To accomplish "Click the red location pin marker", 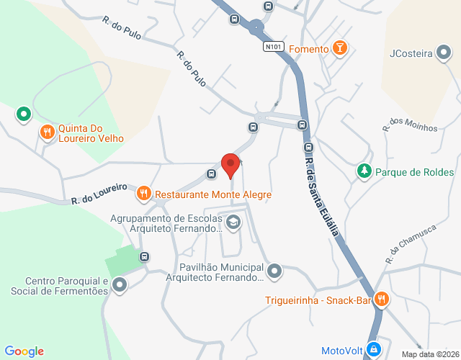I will tap(230, 165).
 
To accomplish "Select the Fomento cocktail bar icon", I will tap(340, 49).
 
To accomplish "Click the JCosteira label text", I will tap(411, 53).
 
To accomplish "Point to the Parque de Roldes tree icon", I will tap(364, 171).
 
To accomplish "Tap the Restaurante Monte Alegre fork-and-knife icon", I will tap(143, 194).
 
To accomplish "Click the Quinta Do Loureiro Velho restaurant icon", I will tap(47, 131).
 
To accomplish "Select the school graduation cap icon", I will tap(233, 223).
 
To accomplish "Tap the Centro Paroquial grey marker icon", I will tap(120, 286).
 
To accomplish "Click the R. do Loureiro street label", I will tap(98, 196).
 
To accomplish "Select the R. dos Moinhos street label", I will tap(411, 123).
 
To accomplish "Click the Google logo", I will tap(24, 351).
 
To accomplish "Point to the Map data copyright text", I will tap(430, 354).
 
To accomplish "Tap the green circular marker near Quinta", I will tap(24, 113).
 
